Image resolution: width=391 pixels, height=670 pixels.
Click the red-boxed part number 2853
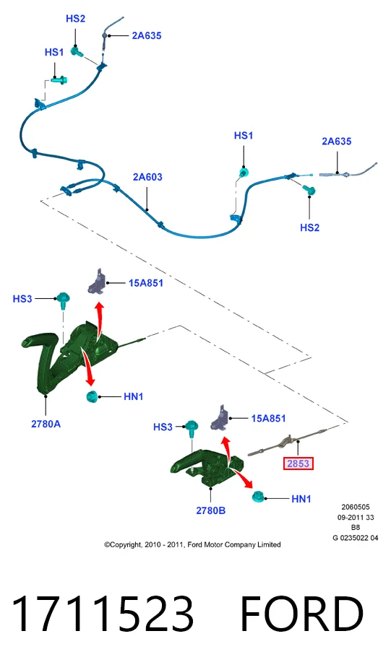pyautogui.click(x=298, y=464)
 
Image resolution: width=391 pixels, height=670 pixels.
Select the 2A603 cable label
pyautogui.click(x=147, y=177)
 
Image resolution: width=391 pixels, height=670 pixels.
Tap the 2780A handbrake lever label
pyautogui.click(x=46, y=424)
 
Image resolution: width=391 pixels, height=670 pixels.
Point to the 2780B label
pyautogui.click(x=210, y=510)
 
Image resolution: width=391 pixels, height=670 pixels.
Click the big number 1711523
pyautogui.click(x=103, y=613)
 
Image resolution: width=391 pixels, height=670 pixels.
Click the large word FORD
pyautogui.click(x=302, y=613)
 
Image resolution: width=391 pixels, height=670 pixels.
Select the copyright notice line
pyautogui.click(x=192, y=545)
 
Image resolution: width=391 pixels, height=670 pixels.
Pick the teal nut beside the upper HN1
pyautogui.click(x=92, y=396)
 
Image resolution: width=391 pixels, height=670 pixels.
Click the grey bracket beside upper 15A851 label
pyautogui.click(x=97, y=282)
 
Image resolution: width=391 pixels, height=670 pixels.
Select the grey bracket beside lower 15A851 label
pyautogui.click(x=220, y=417)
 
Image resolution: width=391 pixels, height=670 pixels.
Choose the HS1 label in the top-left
pyautogui.click(x=54, y=52)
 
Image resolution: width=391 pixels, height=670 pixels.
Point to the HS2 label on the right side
pyautogui.click(x=310, y=227)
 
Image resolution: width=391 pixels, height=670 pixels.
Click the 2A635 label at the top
pyautogui.click(x=146, y=36)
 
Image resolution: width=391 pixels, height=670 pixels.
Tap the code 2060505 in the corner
pyautogui.click(x=356, y=508)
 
